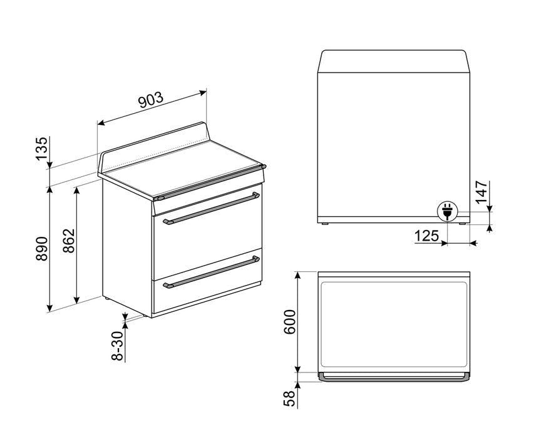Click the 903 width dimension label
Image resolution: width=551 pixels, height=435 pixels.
(x=151, y=100)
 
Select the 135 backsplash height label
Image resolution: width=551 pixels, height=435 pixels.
(x=41, y=149)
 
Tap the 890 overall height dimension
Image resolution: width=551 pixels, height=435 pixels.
(x=41, y=249)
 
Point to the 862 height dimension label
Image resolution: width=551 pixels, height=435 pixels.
(x=69, y=241)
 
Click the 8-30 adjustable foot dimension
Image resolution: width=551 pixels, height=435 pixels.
(x=118, y=346)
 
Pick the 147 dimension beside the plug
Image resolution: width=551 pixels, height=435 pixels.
(x=481, y=192)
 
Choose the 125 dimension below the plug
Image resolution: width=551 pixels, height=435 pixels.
(x=426, y=236)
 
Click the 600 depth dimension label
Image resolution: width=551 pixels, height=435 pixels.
(x=289, y=322)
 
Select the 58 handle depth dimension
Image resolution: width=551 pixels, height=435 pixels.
(x=289, y=398)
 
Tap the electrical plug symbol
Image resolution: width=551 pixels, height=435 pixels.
(x=446, y=211)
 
